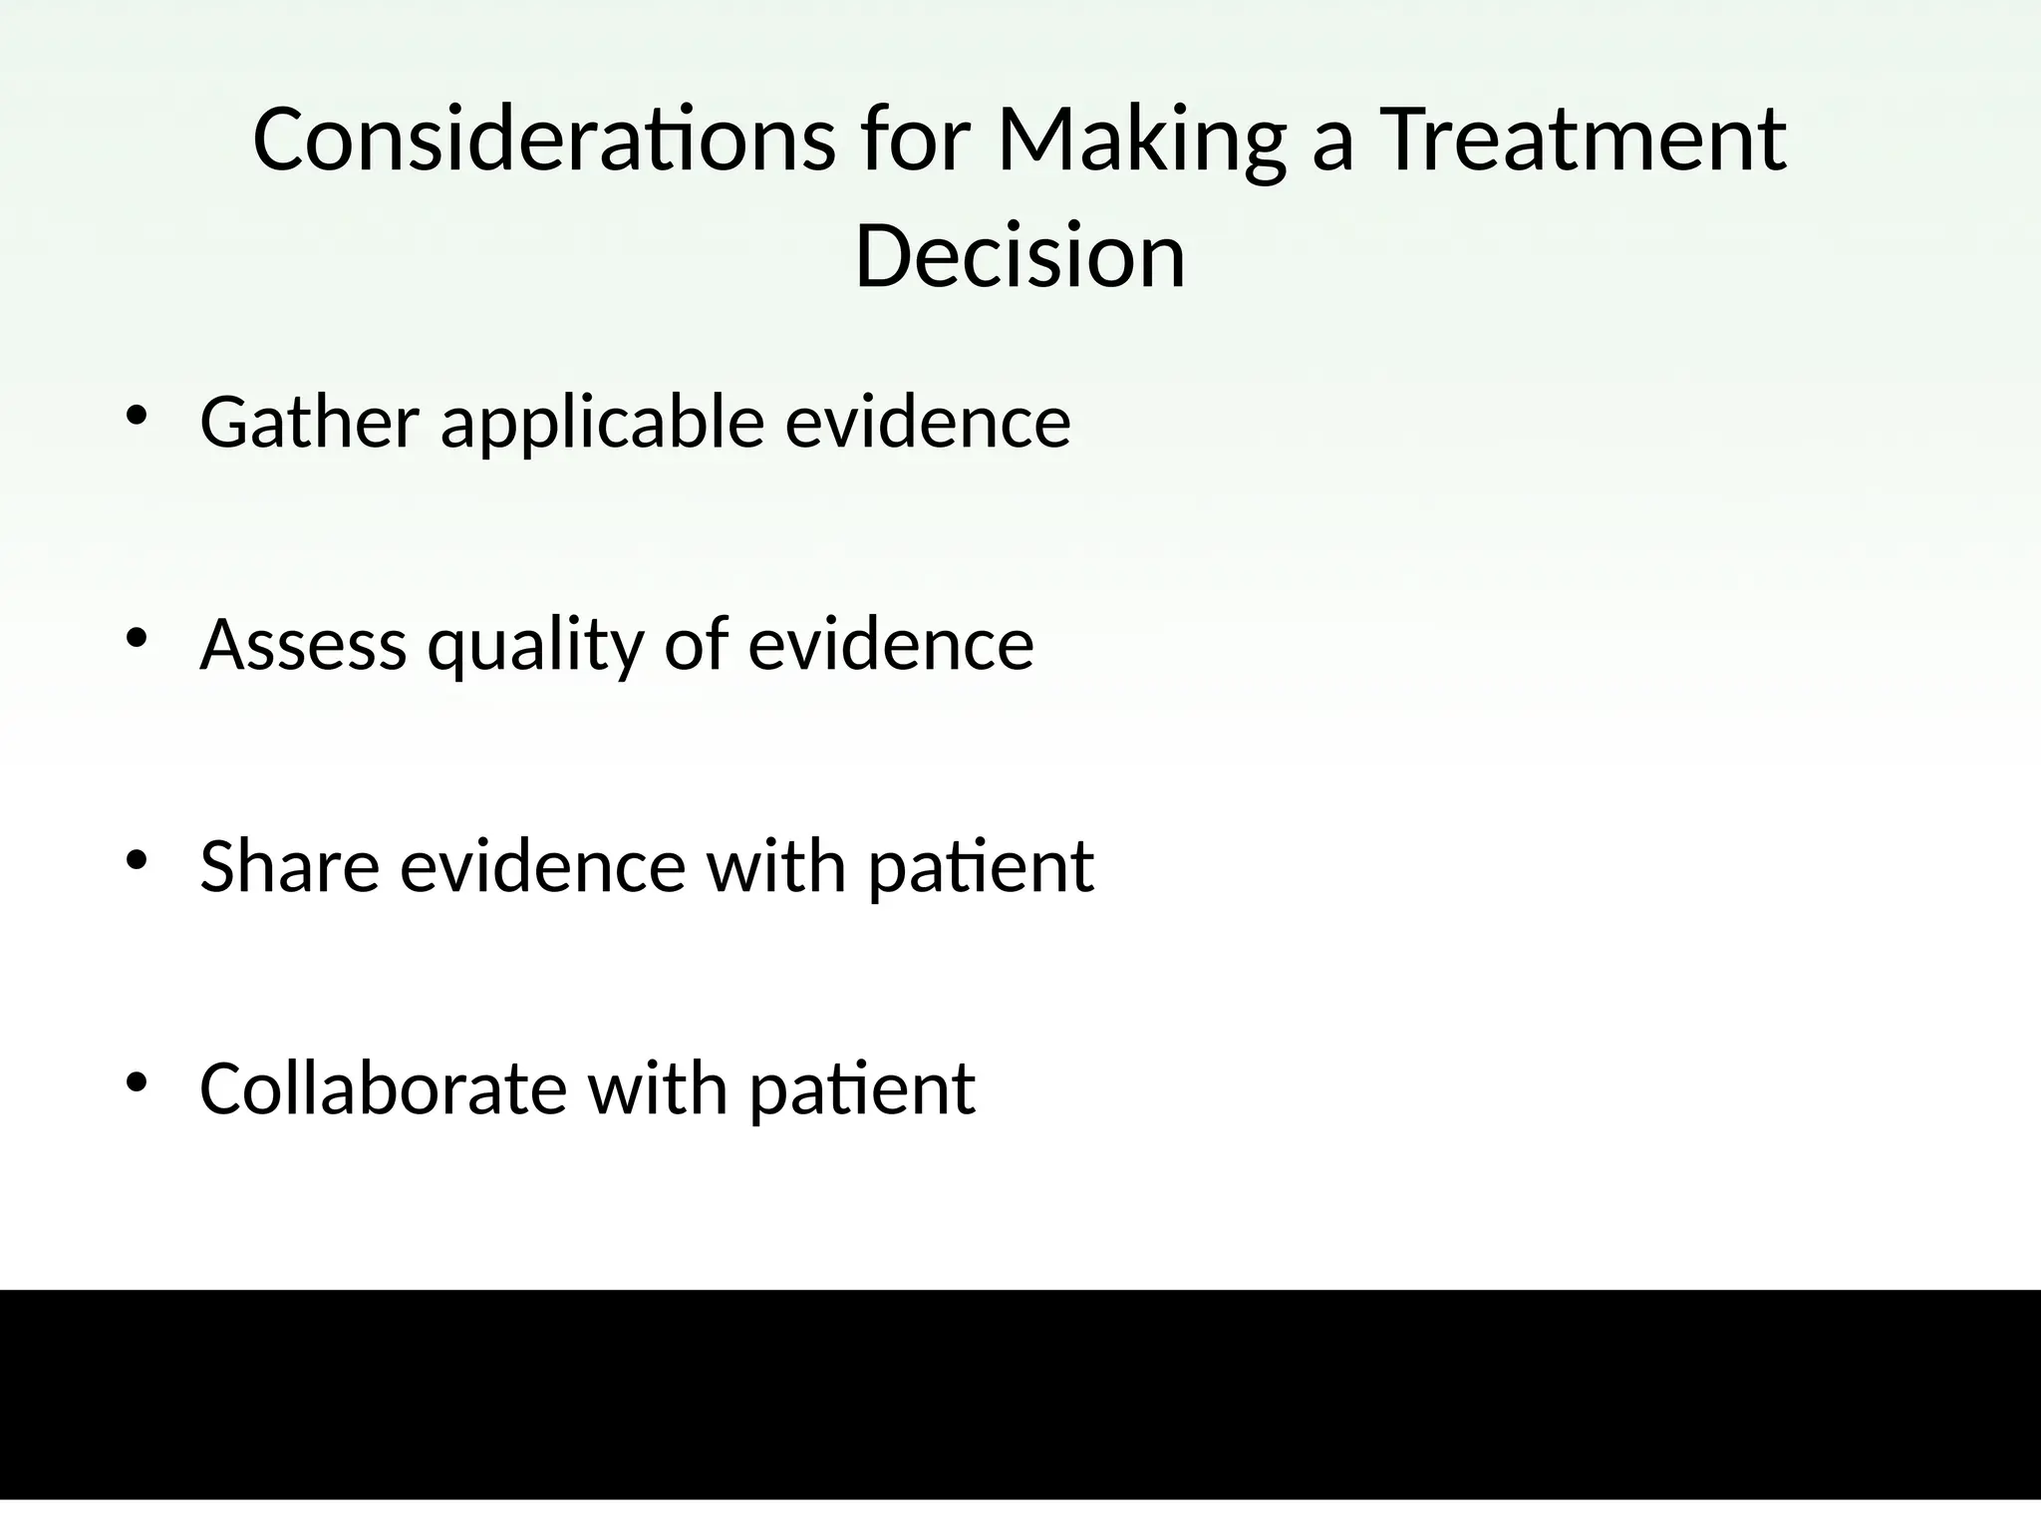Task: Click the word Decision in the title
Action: (1020, 256)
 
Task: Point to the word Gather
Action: (309, 422)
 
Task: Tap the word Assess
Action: (303, 644)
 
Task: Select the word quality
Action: (536, 646)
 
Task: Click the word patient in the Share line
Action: (981, 867)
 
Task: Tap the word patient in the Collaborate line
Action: (862, 1089)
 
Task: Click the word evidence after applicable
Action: (928, 422)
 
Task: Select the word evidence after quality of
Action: (891, 644)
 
